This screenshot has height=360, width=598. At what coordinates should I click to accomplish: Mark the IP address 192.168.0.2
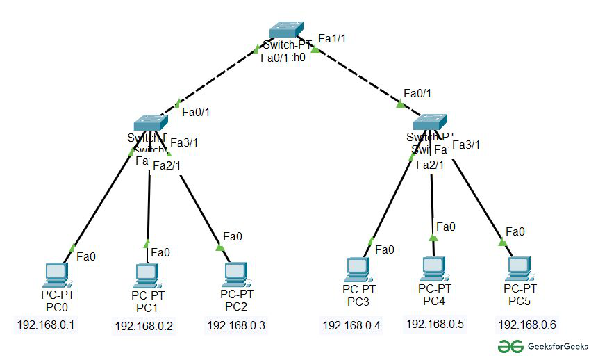click(144, 325)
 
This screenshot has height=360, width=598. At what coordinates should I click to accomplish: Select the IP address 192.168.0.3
click(236, 325)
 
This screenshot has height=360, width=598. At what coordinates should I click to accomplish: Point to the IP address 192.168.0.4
click(352, 325)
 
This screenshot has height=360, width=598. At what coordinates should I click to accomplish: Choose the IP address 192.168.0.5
click(435, 323)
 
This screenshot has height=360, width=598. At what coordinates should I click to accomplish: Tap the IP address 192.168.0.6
click(527, 325)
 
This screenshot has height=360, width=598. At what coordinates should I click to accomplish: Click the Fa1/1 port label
click(332, 38)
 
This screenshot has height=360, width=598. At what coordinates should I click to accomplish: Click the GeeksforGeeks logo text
click(556, 346)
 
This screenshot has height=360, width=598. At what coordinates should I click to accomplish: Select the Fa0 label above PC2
click(233, 237)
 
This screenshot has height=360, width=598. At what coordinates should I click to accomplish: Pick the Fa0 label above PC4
click(445, 227)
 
